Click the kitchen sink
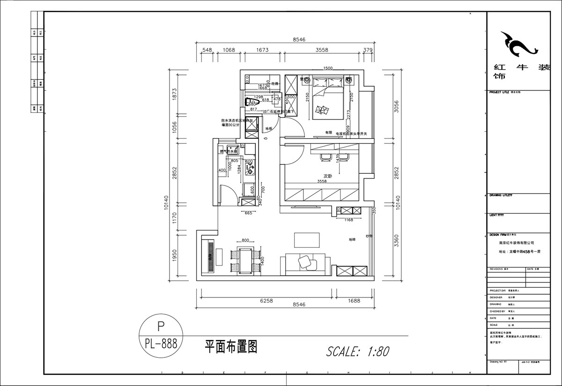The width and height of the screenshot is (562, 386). click(x=232, y=150)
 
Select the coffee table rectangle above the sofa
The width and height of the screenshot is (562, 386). click(x=307, y=240)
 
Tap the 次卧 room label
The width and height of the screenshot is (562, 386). click(x=327, y=176)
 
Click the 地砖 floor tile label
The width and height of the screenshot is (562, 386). click(x=352, y=239)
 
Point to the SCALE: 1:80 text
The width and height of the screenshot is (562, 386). click(x=357, y=351)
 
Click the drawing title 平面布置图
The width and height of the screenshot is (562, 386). click(x=231, y=347)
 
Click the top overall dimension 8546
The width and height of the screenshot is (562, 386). click(x=299, y=40)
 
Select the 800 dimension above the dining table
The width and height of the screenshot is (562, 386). click(x=245, y=239)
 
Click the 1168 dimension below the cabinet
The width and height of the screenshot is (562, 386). click(x=348, y=219)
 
